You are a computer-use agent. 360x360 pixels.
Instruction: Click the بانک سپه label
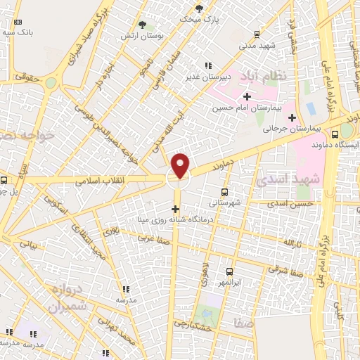point(18,32)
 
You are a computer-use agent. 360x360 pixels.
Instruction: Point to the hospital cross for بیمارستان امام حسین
point(246,96)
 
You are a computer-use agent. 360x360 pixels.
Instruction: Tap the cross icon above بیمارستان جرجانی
point(292,117)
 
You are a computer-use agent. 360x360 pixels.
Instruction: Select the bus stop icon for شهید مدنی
point(257,33)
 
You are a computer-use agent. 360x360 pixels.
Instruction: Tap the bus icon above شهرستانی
point(224,191)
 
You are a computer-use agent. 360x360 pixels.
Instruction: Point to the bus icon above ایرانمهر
point(229,271)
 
